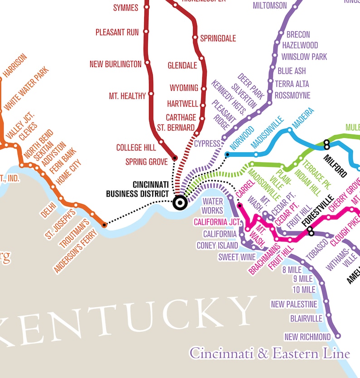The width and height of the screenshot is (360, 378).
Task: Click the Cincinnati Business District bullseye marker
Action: (180, 203)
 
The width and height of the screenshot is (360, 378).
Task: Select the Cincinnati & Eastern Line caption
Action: (270, 353)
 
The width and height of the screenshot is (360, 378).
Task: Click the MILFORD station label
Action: (336, 165)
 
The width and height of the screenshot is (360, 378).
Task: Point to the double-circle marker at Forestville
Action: (311, 232)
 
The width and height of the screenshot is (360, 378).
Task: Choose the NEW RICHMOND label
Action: (307, 337)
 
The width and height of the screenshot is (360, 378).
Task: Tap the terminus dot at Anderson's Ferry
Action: (104, 224)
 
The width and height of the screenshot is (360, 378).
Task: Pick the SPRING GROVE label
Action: (146, 161)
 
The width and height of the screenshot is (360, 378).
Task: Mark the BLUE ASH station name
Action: (292, 71)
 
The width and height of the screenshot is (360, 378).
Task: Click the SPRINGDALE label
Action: (218, 39)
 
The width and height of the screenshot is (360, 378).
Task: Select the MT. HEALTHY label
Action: (127, 96)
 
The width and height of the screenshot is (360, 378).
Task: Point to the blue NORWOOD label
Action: (242, 138)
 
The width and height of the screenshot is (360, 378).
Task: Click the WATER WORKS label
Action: (213, 206)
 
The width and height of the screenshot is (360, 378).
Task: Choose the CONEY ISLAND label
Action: (217, 245)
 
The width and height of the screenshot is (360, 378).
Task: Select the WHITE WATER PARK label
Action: (26, 89)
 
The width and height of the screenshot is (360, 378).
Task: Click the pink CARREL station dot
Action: (240, 205)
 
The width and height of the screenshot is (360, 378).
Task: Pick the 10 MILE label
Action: (304, 290)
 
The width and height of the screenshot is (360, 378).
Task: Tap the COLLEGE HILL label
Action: (136, 147)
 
